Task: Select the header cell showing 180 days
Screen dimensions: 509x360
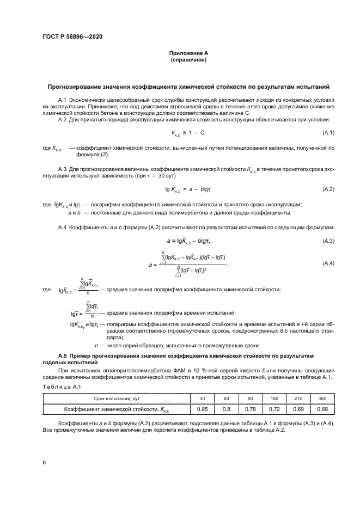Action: pyautogui.click(x=274, y=398)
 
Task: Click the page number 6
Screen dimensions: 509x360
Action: pyautogui.click(x=44, y=462)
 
